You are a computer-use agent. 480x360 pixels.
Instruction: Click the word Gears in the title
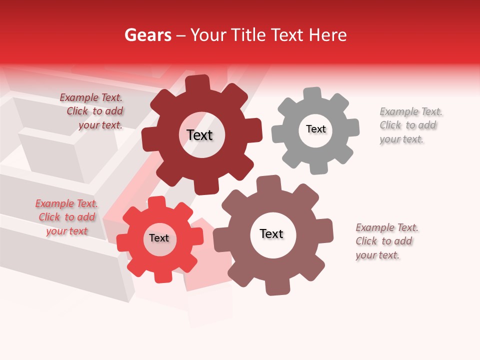[x=147, y=35]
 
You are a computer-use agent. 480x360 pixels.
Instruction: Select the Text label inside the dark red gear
[x=199, y=135]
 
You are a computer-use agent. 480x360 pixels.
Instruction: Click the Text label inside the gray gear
[x=315, y=129]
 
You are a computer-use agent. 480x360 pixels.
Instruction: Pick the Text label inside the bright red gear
[x=159, y=238]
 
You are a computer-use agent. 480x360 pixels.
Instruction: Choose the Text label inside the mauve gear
[x=271, y=233]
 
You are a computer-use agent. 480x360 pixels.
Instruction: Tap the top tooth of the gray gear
[x=312, y=93]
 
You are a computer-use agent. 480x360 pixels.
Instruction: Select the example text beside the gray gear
[x=410, y=125]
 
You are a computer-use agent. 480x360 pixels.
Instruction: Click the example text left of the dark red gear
[x=93, y=111]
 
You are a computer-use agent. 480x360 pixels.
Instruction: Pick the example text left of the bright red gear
[x=66, y=217]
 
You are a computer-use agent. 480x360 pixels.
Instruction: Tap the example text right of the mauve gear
[x=386, y=241]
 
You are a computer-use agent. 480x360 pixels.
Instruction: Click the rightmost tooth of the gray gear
[x=352, y=127]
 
